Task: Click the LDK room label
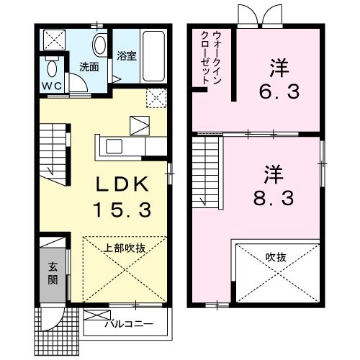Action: coord(123,184)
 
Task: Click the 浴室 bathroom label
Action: coord(127,55)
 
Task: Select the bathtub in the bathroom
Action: coord(154,55)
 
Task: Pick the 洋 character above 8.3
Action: coord(273,174)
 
